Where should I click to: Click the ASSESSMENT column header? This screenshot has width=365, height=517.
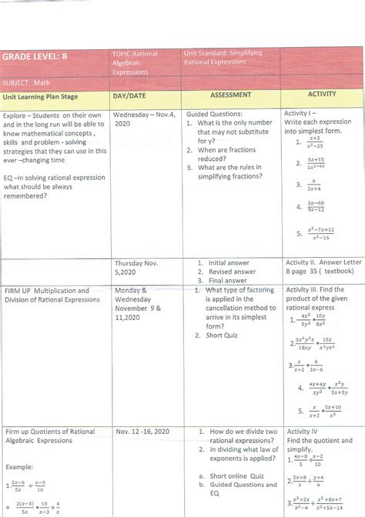pos(230,95)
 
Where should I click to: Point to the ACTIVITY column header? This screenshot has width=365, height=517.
pos(321,95)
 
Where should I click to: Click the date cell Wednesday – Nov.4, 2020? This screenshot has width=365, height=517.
pos(144,118)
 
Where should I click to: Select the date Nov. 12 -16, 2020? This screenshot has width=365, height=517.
pos(144,432)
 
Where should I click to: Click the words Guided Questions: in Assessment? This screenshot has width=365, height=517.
pos(215,113)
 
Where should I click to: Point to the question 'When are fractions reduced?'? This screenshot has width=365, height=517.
pos(228,155)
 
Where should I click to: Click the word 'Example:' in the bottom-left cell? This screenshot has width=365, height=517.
pos(19,467)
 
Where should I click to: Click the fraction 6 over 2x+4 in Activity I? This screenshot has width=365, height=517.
pos(306,185)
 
